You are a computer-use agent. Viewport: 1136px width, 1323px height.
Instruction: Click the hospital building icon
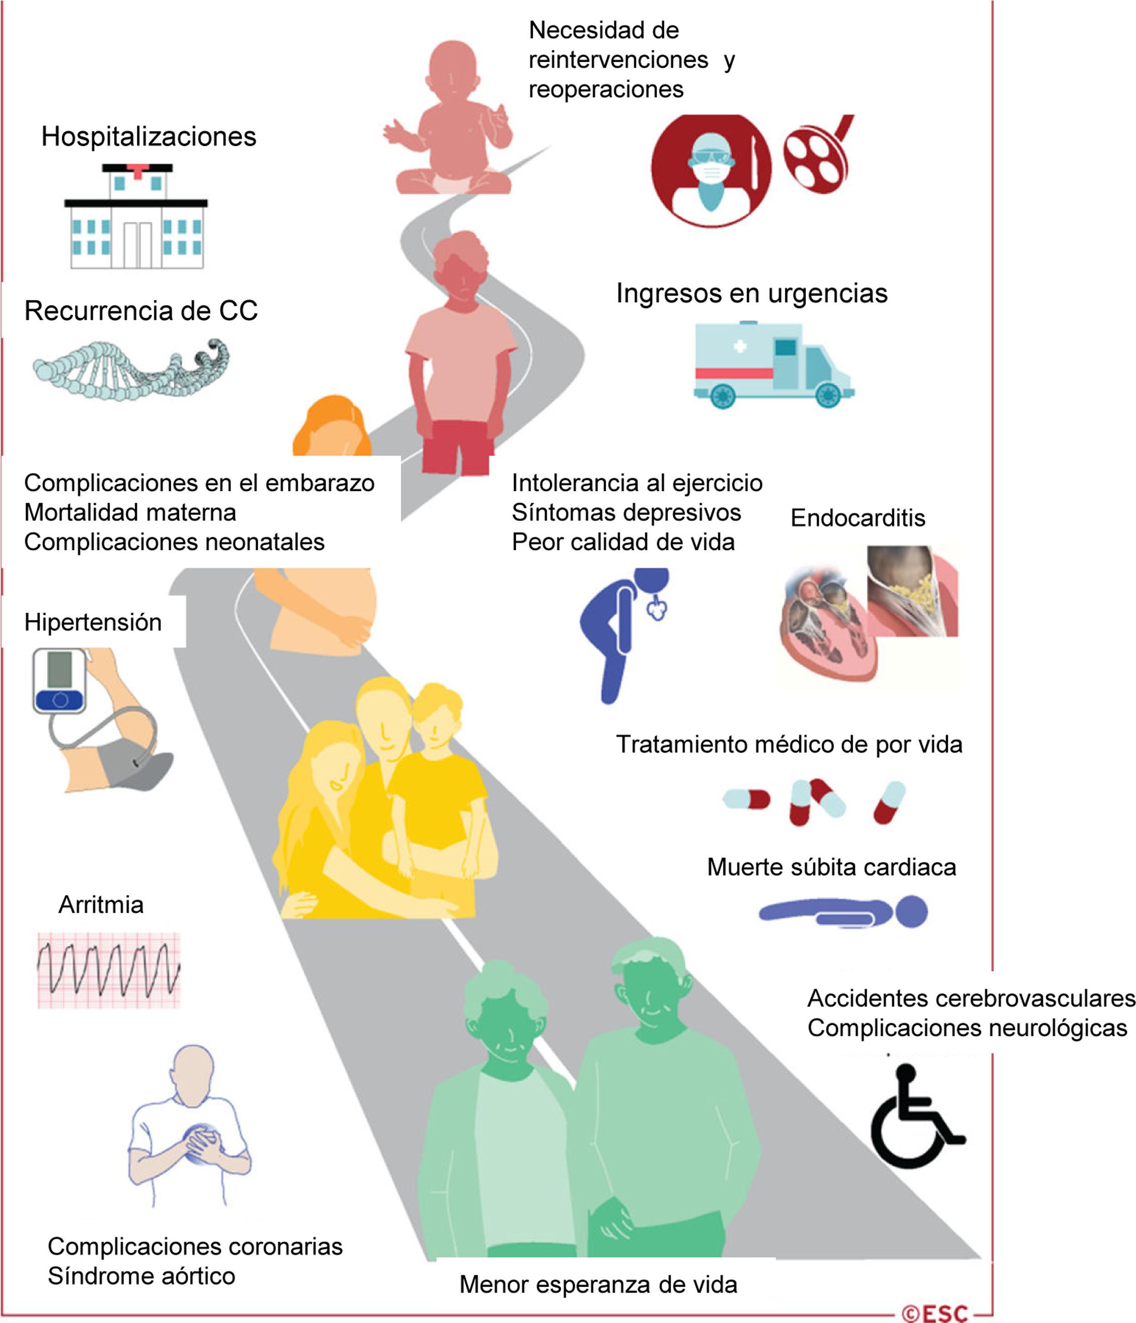coord(136,217)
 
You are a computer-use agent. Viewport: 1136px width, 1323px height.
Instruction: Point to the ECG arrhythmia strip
coord(109,970)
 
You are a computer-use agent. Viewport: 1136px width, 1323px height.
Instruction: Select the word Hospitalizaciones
coord(149,137)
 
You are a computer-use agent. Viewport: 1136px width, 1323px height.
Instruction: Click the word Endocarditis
coord(857,518)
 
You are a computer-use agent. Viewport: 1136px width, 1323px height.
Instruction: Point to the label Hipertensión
coord(93,622)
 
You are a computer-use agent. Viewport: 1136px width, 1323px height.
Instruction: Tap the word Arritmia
coord(101,905)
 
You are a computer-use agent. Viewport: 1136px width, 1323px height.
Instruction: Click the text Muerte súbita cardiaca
coord(832,867)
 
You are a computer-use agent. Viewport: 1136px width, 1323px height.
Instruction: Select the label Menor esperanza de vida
coord(598,1284)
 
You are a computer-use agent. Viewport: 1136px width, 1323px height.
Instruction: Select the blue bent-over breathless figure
coord(619,632)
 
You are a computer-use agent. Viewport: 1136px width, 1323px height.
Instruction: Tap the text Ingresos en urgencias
coord(752,294)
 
